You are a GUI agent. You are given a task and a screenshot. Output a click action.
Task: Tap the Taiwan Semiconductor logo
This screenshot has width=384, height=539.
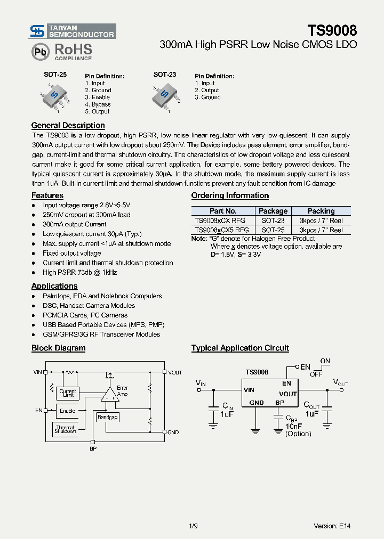point(73,31)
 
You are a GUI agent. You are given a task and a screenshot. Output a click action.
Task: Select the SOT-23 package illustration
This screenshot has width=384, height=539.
point(166,96)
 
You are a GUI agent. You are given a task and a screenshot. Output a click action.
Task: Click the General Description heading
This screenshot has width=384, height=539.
point(68,125)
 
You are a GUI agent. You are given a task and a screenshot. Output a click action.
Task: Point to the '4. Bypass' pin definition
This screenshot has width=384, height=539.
point(98,104)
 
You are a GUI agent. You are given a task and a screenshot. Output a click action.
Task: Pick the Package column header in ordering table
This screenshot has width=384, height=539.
point(273,211)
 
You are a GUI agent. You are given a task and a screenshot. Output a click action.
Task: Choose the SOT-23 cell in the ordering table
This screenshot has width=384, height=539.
point(273,220)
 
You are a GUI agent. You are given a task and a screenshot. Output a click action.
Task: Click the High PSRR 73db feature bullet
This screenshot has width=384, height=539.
point(79,272)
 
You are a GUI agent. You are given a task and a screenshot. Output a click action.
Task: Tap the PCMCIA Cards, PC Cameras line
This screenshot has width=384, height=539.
point(85,315)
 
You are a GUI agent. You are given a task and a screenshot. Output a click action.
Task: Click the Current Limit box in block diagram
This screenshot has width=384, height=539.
point(68,393)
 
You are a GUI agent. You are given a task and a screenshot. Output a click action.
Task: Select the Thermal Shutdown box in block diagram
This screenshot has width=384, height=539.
point(65,429)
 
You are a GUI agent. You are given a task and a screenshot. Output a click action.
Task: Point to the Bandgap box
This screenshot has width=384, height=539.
point(107,417)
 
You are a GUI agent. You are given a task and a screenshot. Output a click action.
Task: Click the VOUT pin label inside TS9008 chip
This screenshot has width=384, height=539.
point(288,394)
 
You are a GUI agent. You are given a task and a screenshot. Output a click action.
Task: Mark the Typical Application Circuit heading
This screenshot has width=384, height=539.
point(240,348)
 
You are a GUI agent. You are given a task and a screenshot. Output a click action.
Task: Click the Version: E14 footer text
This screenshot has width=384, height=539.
point(332,526)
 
